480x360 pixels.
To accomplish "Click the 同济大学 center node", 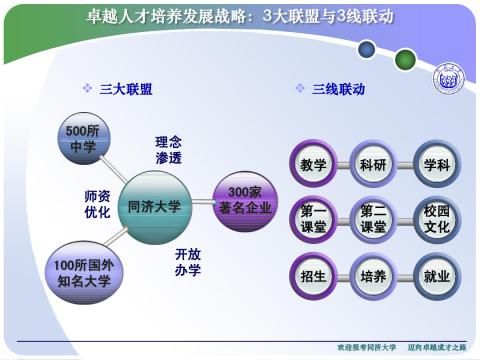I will click(x=155, y=207).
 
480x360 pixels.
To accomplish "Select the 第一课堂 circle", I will click(x=313, y=219).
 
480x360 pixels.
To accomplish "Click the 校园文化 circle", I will click(x=436, y=219).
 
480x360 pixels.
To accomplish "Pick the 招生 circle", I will click(x=313, y=275).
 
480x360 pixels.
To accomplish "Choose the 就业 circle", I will click(x=436, y=275).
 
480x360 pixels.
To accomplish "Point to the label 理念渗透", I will click(x=168, y=150).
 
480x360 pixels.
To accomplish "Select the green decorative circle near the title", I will click(x=404, y=59).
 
